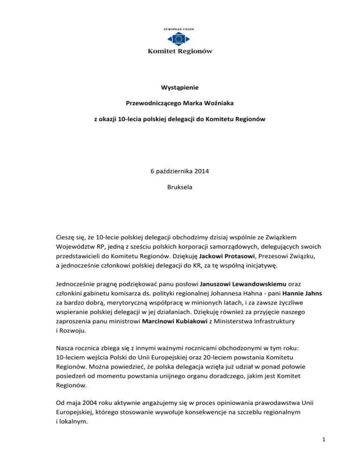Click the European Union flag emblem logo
(x=180, y=38)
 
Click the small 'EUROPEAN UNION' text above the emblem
(x=180, y=29)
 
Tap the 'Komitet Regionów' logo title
(x=180, y=51)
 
